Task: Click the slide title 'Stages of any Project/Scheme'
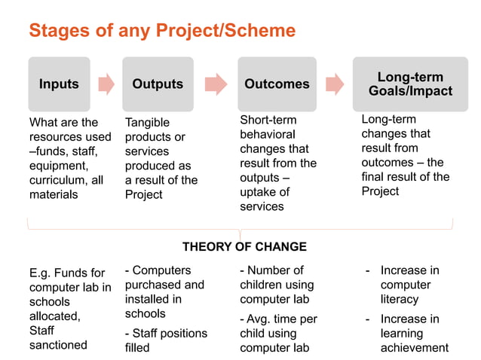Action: click(x=162, y=31)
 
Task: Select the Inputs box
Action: click(x=59, y=84)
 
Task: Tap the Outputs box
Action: click(x=158, y=84)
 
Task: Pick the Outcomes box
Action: click(x=277, y=84)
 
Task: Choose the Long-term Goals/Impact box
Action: click(x=410, y=84)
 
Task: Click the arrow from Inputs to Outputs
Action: click(x=106, y=84)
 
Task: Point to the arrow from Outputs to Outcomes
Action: click(x=216, y=84)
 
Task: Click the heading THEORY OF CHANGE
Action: click(x=244, y=247)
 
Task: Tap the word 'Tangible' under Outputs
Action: click(x=147, y=123)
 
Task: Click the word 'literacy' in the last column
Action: click(x=399, y=299)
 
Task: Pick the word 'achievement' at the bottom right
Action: click(x=414, y=347)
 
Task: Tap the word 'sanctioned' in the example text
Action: click(x=58, y=345)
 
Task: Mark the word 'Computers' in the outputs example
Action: click(x=161, y=270)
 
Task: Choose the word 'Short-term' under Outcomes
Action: click(x=268, y=120)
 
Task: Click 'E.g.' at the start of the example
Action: click(x=41, y=273)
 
